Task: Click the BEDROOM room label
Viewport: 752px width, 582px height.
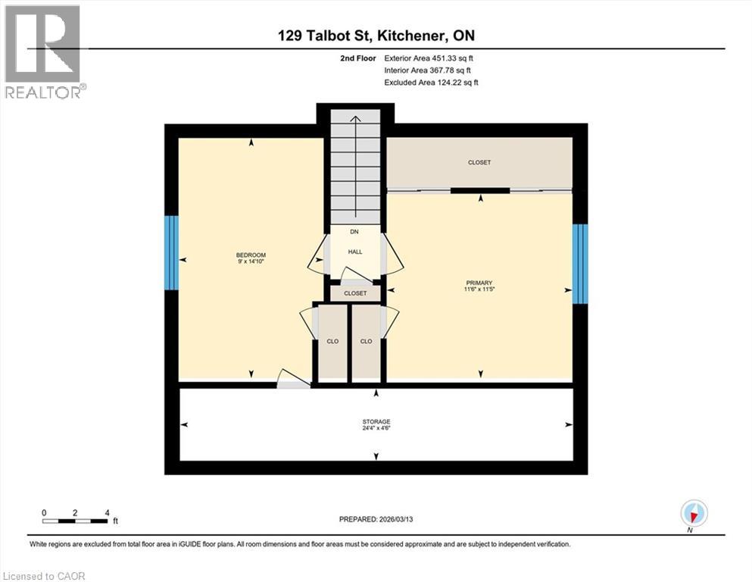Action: (250, 255)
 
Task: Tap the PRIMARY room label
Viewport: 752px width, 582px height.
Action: (479, 283)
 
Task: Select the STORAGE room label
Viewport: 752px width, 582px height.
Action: (376, 421)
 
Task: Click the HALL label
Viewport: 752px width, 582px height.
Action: (355, 252)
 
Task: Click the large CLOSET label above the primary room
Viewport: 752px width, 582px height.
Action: (479, 162)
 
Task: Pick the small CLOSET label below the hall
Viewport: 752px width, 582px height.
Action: (355, 293)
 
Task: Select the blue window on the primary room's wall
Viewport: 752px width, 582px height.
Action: (579, 263)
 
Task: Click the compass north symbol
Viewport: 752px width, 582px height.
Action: (693, 513)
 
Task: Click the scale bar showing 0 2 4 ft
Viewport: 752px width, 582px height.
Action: (76, 520)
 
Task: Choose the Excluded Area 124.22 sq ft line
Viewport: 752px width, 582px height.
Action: (431, 82)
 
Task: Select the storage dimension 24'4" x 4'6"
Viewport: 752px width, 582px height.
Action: (376, 428)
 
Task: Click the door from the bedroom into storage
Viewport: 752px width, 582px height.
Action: (292, 380)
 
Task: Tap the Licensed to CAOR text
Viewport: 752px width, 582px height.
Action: (43, 576)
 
